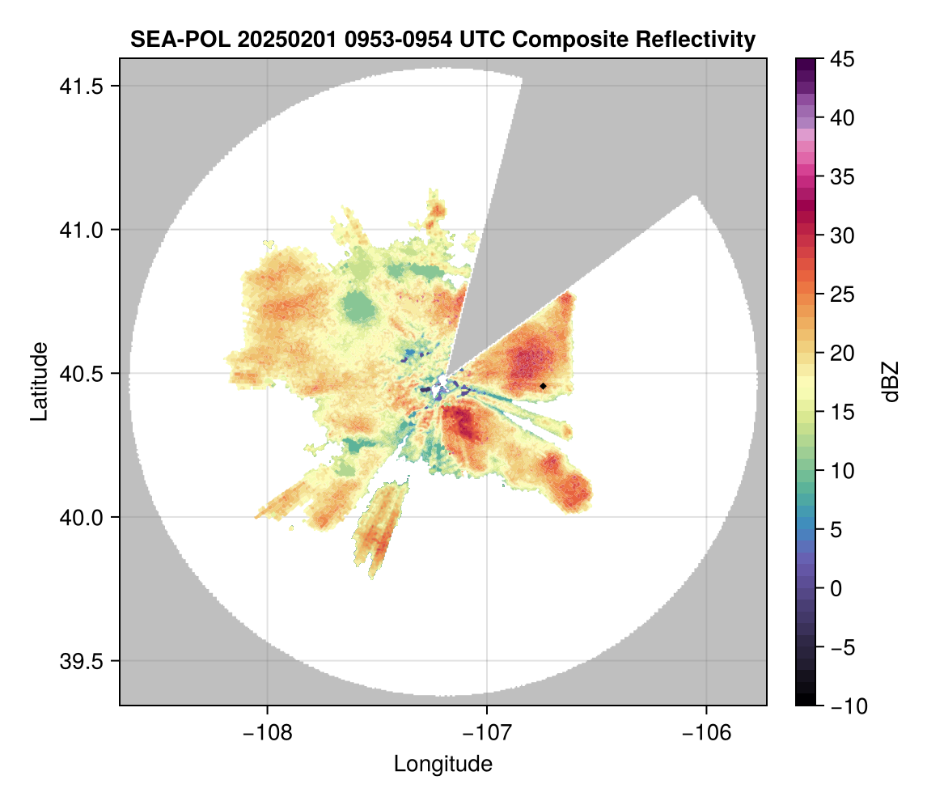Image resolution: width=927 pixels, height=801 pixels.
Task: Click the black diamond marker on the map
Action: pyautogui.click(x=543, y=386)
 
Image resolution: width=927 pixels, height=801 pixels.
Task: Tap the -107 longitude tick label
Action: pyautogui.click(x=487, y=733)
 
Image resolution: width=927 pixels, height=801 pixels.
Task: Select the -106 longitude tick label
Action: pyautogui.click(x=707, y=733)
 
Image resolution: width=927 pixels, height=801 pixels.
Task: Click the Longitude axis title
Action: pyautogui.click(x=442, y=763)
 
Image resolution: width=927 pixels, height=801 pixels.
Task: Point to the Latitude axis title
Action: pyautogui.click(x=39, y=381)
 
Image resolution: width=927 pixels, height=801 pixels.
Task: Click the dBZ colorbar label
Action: pyautogui.click(x=891, y=382)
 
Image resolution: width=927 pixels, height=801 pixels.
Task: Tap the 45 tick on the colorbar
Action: pyautogui.click(x=844, y=59)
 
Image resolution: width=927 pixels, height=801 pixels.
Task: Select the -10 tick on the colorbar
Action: pyautogui.click(x=849, y=706)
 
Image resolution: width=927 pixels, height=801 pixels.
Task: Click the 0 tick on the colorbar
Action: pyautogui.click(x=838, y=588)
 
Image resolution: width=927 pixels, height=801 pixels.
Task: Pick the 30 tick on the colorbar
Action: pyautogui.click(x=844, y=235)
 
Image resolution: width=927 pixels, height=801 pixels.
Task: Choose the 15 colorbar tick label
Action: pyautogui.click(x=844, y=412)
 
